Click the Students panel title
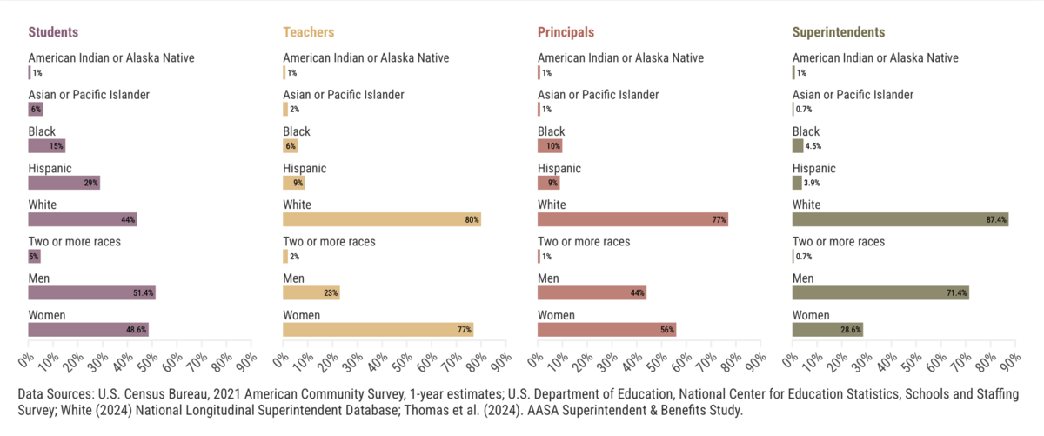tap(53, 32)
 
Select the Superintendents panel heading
tap(839, 32)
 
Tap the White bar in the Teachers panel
tap(382, 219)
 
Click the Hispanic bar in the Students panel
tap(64, 183)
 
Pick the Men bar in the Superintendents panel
tap(880, 293)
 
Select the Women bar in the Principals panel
tap(606, 330)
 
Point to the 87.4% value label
tap(996, 220)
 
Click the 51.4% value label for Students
tap(144, 293)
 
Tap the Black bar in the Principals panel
tap(550, 146)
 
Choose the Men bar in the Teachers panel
tap(311, 293)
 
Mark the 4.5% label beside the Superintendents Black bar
tap(813, 146)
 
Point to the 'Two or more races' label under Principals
tap(584, 241)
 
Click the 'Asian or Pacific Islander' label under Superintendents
tap(853, 94)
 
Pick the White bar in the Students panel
tap(83, 219)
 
